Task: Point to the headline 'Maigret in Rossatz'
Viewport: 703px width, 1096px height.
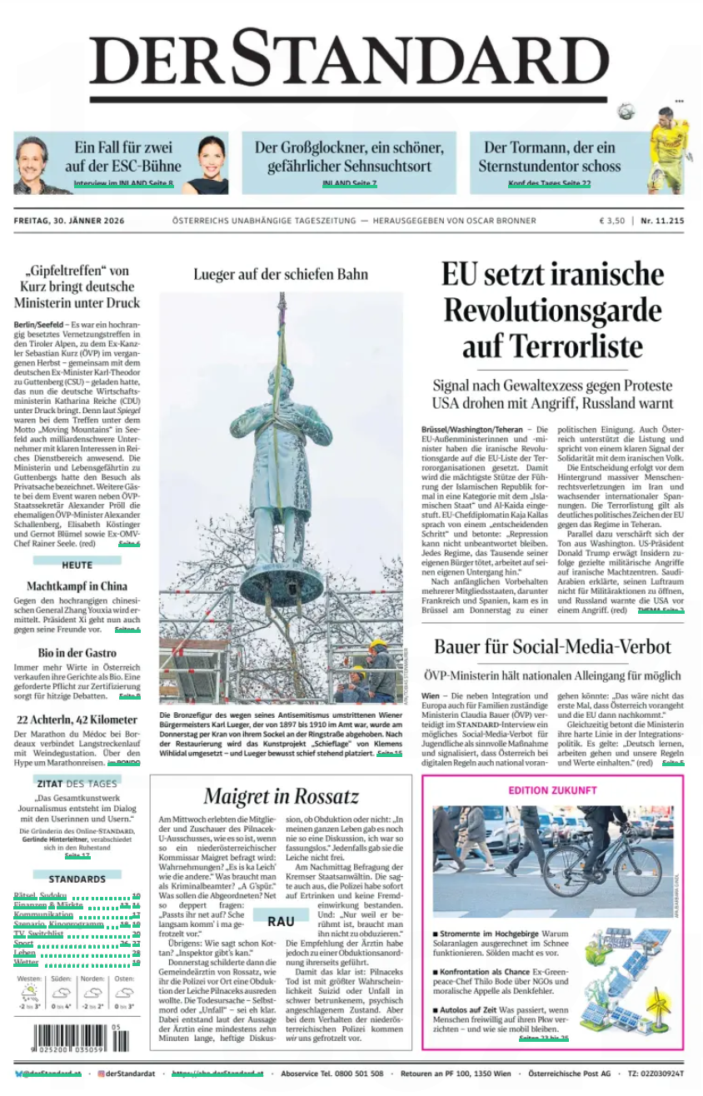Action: pos(281,796)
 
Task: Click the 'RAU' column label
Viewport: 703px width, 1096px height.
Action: pos(281,920)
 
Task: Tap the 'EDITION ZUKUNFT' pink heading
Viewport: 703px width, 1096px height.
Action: pos(552,790)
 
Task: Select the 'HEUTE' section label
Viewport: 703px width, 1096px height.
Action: pos(77,565)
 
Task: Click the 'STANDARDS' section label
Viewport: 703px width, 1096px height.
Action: pos(77,879)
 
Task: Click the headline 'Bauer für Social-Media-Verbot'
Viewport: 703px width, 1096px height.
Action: pos(552,646)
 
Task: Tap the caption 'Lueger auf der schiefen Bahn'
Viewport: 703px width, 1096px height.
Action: pos(280,274)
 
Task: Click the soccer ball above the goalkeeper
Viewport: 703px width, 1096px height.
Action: pos(626,111)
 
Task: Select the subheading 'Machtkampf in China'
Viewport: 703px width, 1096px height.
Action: pos(77,585)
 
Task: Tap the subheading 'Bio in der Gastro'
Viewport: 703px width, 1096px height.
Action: pos(77,652)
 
